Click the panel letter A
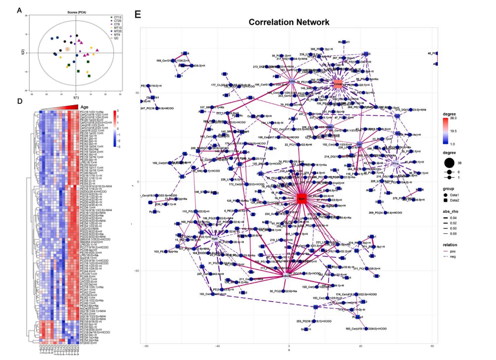pyautogui.click(x=19, y=10)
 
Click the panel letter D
pyautogui.click(x=19, y=101)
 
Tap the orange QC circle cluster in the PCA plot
pyautogui.click(x=68, y=48)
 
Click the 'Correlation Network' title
pyautogui.click(x=289, y=22)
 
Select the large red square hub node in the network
pyautogui.click(x=301, y=198)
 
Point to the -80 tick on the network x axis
pyautogui.click(x=146, y=346)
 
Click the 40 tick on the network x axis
pyautogui.click(x=360, y=346)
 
